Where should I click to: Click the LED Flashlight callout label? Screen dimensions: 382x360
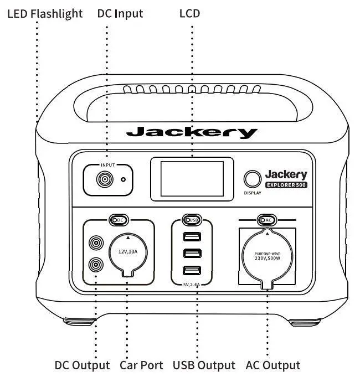pyautogui.click(x=45, y=13)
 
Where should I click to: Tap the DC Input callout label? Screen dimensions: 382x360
pyautogui.click(x=120, y=13)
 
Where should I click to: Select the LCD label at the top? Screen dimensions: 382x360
pyautogui.click(x=189, y=13)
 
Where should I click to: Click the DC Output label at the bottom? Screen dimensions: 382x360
pyautogui.click(x=82, y=365)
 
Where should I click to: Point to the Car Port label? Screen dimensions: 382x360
pyautogui.click(x=141, y=365)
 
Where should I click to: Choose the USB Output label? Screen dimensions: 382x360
pyautogui.click(x=204, y=365)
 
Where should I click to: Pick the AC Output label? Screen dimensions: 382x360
pyautogui.click(x=272, y=365)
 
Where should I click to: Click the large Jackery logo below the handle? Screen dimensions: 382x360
pyautogui.click(x=192, y=132)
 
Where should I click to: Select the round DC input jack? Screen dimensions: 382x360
pyautogui.click(x=104, y=179)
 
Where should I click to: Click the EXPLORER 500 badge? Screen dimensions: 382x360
pyautogui.click(x=286, y=185)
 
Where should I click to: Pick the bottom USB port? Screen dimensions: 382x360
pyautogui.click(x=192, y=271)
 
